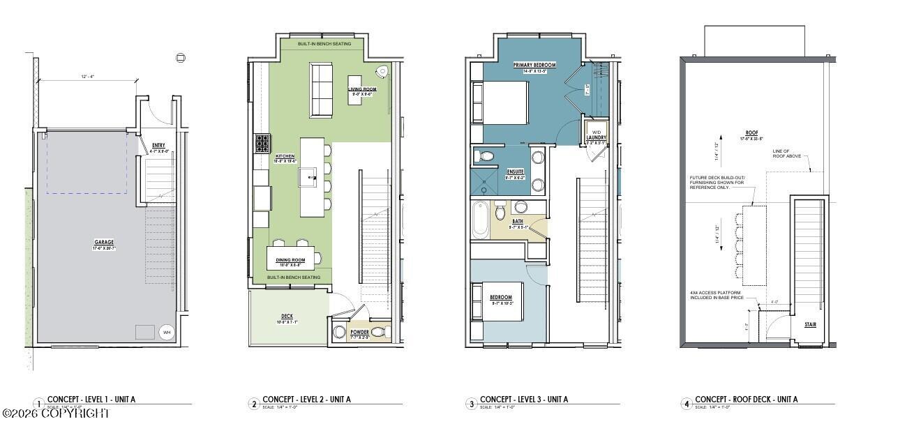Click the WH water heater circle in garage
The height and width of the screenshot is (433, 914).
tap(167, 332)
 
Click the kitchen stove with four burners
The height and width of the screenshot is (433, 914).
tap(263, 143)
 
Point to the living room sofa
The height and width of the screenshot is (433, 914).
tap(321, 90)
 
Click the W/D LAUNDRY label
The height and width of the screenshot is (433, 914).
tap(596, 135)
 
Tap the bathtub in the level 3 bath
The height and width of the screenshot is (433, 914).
tap(481, 219)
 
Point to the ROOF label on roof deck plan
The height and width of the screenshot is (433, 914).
tap(751, 132)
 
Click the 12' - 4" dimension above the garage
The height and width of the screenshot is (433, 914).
tap(88, 77)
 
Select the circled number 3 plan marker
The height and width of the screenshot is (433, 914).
tap(472, 403)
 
